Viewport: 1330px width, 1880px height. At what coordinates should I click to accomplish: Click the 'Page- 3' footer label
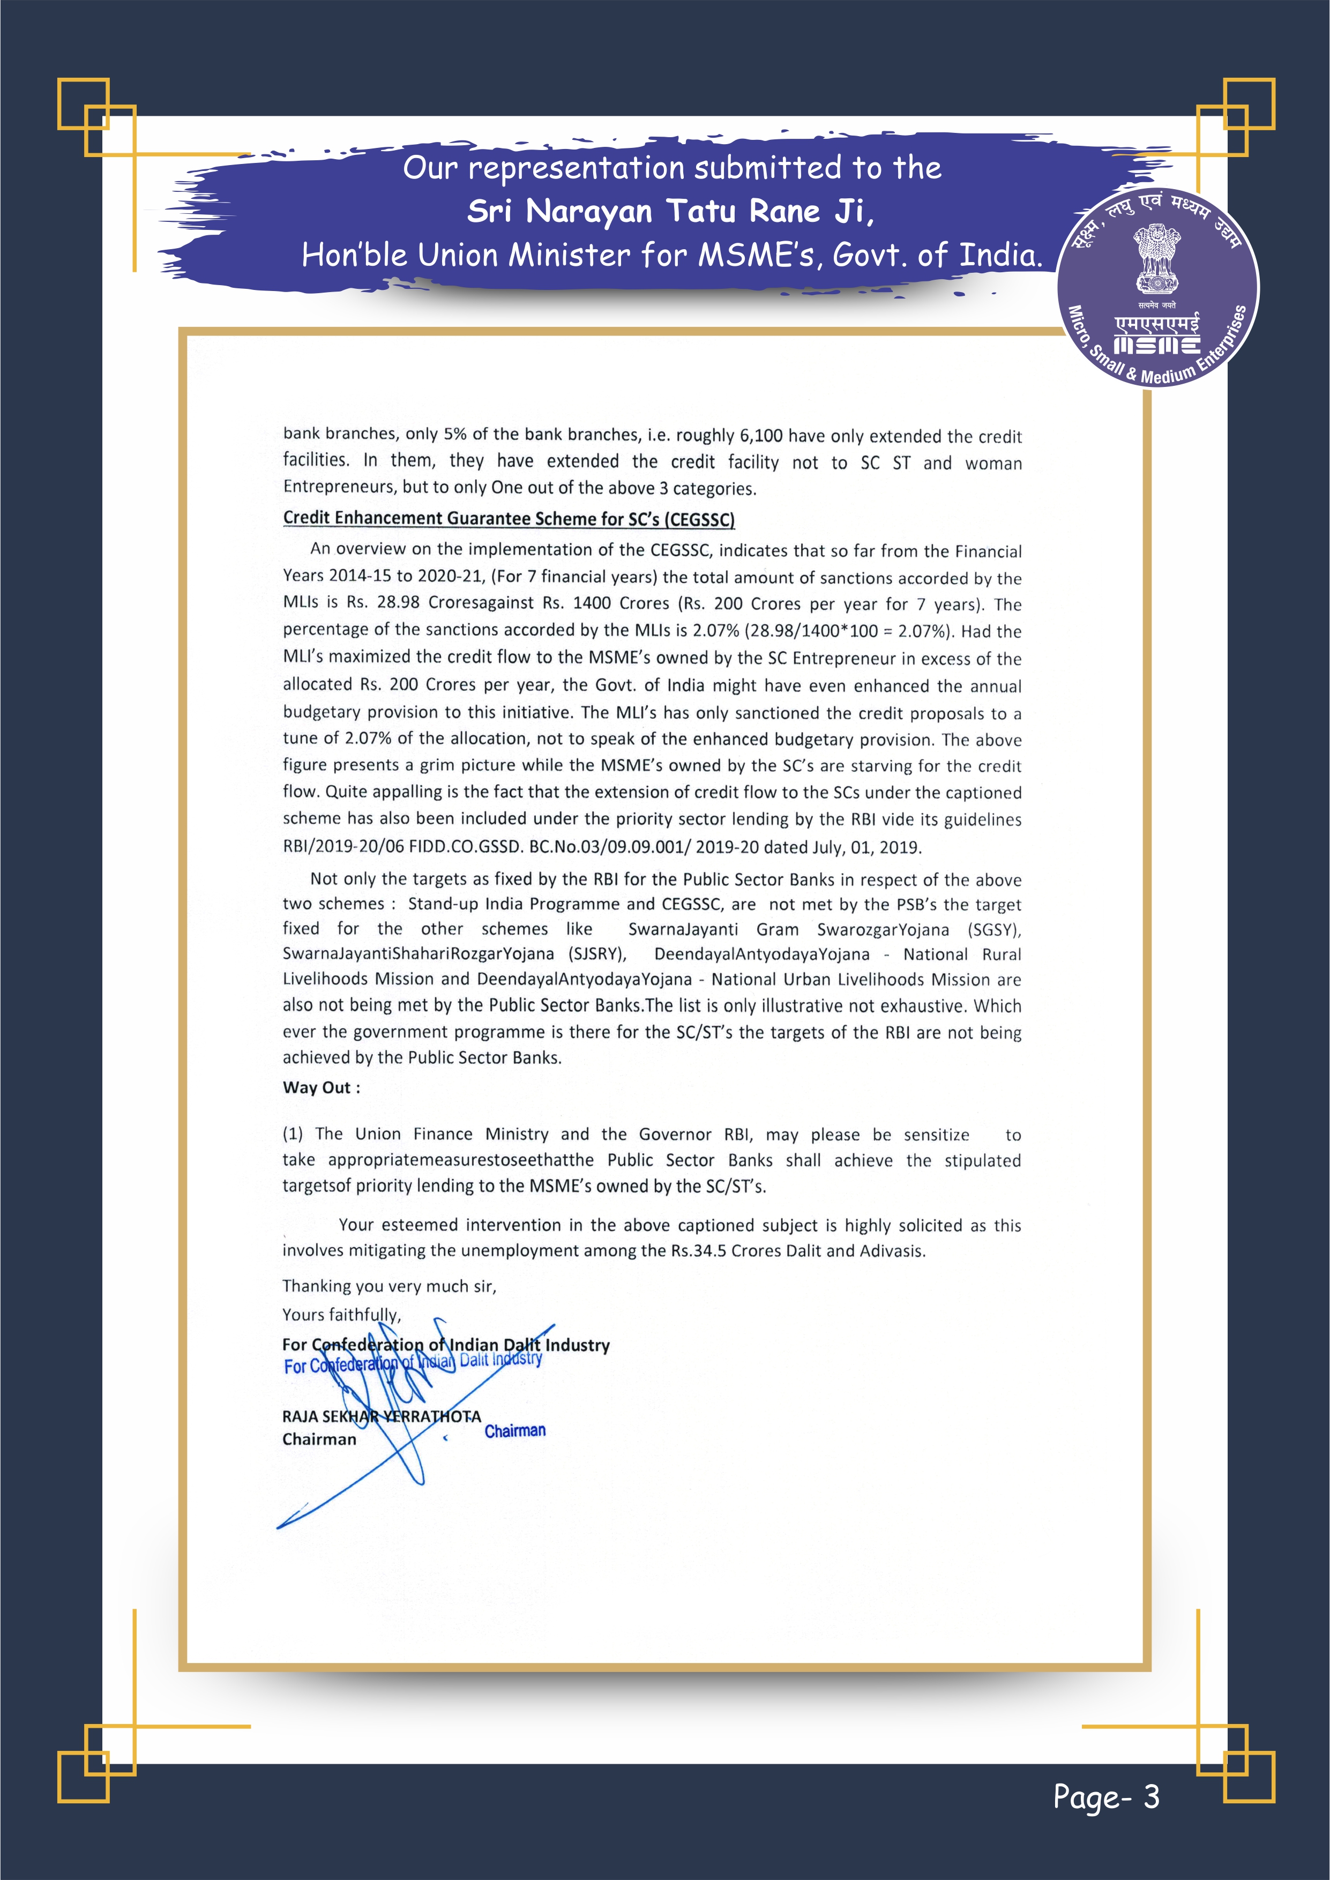(1105, 1796)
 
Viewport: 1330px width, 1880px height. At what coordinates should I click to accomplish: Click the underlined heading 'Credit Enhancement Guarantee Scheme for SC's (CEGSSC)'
(509, 518)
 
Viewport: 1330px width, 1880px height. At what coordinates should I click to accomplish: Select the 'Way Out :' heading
(321, 1087)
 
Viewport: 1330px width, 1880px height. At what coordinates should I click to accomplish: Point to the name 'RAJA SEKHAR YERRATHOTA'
(382, 1416)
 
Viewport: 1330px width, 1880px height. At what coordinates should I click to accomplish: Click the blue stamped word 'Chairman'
(515, 1430)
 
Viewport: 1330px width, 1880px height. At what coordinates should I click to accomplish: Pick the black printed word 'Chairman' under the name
(319, 1438)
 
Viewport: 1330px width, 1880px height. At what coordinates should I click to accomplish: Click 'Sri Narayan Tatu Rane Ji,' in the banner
(670, 211)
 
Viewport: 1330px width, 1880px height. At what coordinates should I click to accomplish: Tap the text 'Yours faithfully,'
(341, 1314)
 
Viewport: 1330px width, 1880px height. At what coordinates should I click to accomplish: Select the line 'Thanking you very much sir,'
(389, 1286)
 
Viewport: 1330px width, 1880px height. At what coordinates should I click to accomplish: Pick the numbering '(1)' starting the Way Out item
(293, 1134)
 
